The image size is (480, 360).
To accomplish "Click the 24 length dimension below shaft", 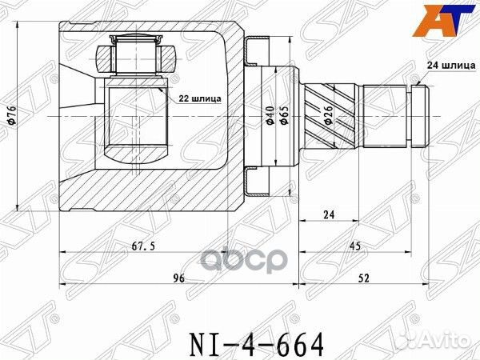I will point(329,215).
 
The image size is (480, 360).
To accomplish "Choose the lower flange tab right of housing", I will point(254,181).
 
